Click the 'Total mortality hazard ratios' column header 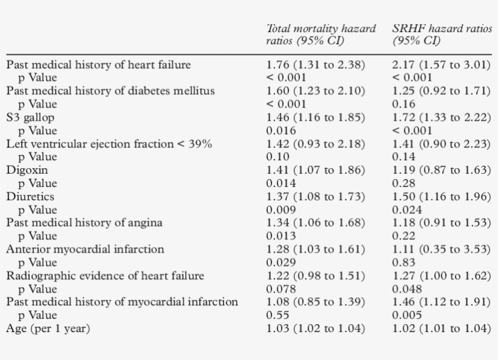(x=321, y=35)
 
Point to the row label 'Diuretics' (x=30, y=197)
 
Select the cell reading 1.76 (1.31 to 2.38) (x=316, y=64)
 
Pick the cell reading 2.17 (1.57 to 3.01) (x=441, y=64)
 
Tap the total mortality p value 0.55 (x=278, y=315)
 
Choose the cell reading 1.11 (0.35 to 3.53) (x=441, y=249)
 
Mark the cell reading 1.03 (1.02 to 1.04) (x=316, y=328)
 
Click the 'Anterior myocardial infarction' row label (x=85, y=249)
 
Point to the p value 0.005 (x=406, y=315)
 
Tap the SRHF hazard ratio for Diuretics (x=441, y=197)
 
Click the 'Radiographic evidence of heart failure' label (x=105, y=276)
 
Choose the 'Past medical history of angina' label (x=84, y=223)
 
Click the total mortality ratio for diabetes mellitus (x=316, y=91)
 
